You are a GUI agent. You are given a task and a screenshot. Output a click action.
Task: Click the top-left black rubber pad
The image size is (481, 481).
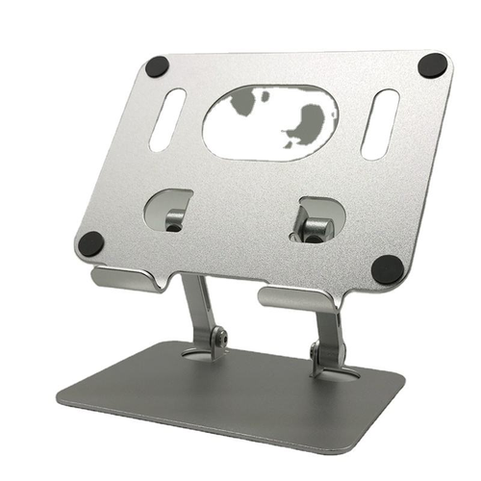coord(157,66)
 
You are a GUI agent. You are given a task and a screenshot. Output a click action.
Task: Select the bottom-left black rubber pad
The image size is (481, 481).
coord(90,244)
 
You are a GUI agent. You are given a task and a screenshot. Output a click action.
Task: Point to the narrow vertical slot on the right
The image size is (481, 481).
coord(380,123)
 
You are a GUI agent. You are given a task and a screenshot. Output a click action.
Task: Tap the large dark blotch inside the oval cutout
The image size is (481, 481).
coord(309,124)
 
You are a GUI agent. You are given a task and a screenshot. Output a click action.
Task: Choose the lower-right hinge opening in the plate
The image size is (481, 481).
coord(315,220)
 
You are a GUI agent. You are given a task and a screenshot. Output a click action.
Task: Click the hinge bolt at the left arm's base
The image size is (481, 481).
coord(220,338)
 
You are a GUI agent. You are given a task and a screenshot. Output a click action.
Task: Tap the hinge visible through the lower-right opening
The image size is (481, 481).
coord(314,226)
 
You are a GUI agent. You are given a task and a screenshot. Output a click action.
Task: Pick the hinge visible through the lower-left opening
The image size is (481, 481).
coord(173,218)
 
